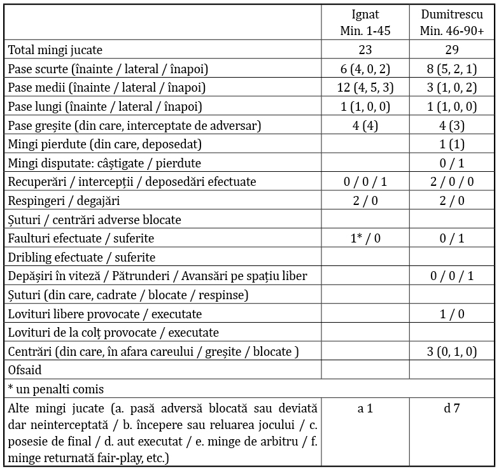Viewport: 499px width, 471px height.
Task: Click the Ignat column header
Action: pos(365,23)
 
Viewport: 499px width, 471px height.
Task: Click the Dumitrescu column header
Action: pos(451,23)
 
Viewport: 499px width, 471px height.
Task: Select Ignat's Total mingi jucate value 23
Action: pos(365,50)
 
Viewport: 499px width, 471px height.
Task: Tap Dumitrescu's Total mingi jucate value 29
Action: pos(452,50)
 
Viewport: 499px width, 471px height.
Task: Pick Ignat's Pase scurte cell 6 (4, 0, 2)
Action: pos(365,69)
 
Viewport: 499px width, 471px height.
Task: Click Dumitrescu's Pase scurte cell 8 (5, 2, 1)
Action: pos(452,69)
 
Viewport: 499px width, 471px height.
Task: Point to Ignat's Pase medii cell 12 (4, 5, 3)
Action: pos(365,88)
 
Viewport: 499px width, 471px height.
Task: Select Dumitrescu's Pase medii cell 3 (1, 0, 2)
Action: pos(452,88)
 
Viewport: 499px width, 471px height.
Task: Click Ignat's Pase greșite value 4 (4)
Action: pos(365,125)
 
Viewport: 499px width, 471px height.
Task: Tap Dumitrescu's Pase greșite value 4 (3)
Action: pos(452,125)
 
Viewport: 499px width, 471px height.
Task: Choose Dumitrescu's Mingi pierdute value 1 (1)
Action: pos(452,144)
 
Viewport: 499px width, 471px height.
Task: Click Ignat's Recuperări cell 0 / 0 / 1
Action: pos(365,182)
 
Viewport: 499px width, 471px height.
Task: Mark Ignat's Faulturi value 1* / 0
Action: pos(365,239)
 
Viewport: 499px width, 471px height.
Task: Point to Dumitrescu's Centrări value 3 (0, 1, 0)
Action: pos(452,351)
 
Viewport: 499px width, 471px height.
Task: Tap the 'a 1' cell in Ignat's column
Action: pos(365,409)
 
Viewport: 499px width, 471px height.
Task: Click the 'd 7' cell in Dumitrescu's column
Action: pos(452,409)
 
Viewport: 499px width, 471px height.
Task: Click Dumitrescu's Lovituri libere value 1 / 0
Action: pos(452,314)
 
